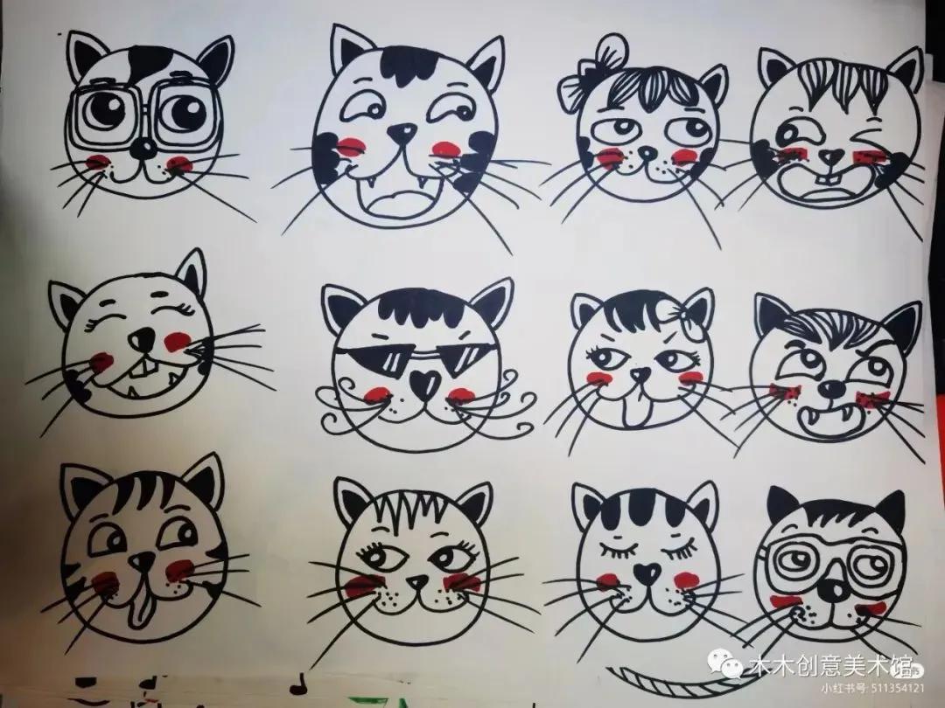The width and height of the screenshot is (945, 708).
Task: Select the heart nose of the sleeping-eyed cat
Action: coord(646,573)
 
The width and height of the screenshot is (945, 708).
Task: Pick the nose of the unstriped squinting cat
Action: coord(137,338)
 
